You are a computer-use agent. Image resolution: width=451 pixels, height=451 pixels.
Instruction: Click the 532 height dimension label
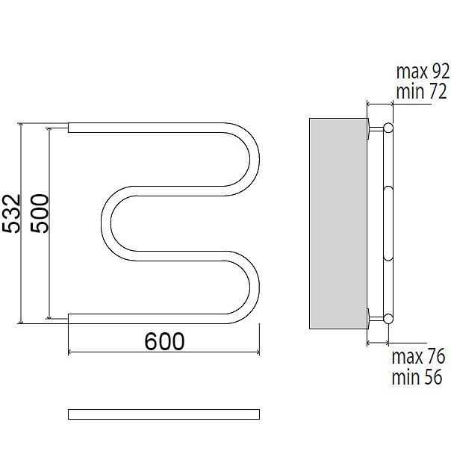tap(11, 214)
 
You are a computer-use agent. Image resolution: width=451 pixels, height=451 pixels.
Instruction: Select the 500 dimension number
tap(40, 213)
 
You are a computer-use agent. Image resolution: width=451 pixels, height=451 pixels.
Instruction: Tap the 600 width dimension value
tap(164, 341)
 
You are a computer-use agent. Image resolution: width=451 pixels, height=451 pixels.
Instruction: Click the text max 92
tap(423, 72)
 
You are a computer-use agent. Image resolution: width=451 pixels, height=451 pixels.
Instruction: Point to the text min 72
tap(421, 91)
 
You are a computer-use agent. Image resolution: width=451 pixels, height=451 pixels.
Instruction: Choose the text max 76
tap(418, 356)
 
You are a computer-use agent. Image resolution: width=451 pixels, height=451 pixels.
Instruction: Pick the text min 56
tap(417, 377)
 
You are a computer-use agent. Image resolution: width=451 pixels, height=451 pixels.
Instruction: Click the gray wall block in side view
tap(338, 223)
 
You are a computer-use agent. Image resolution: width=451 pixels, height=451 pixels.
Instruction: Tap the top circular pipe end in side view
tap(388, 128)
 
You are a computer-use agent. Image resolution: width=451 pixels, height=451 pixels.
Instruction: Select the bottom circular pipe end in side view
tap(388, 318)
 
